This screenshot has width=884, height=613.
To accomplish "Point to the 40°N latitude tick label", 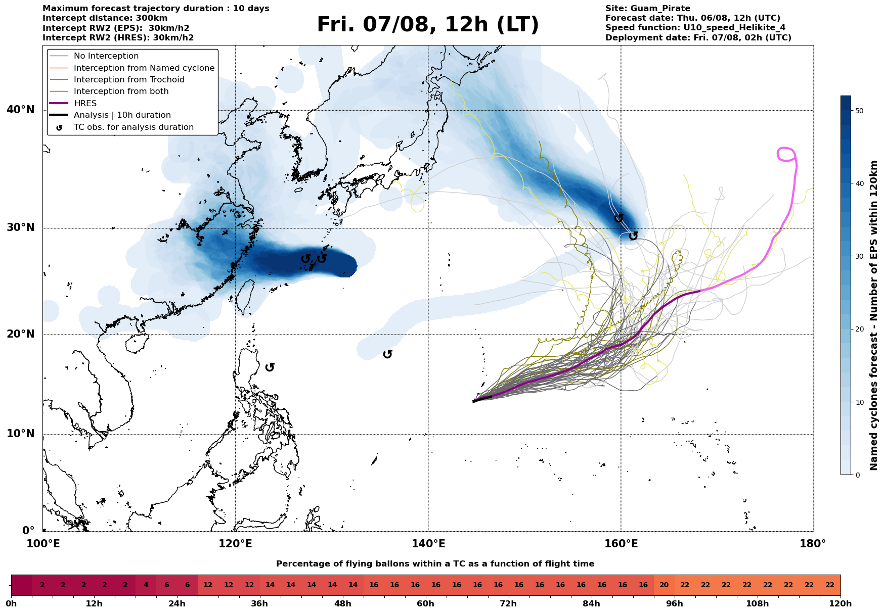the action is click(21, 110).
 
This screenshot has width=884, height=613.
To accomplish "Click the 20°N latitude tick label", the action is click(21, 334).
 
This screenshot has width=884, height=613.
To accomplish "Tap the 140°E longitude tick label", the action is click(428, 544).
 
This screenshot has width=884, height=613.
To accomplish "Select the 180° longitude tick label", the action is click(813, 544).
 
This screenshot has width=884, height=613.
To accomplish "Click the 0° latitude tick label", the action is click(28, 531).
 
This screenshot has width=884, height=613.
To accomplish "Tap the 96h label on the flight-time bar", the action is click(675, 603).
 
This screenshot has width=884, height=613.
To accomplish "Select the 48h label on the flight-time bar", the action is click(343, 603).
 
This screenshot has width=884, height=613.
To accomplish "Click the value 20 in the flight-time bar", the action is click(664, 585).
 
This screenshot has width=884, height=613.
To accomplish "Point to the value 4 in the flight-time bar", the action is click(146, 585).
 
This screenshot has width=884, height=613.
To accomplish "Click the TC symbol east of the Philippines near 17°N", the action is click(270, 367).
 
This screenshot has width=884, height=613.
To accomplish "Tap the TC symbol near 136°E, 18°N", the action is click(388, 354).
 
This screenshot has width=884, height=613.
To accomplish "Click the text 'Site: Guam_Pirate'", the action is click(648, 9).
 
